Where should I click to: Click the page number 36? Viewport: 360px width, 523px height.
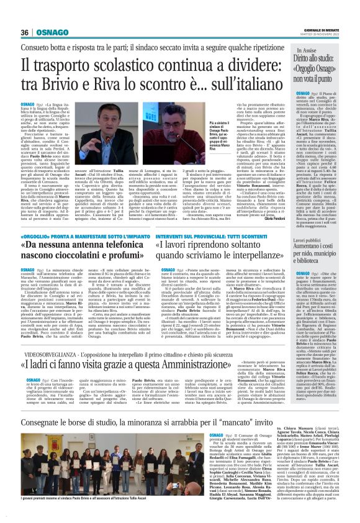(x=24, y=32)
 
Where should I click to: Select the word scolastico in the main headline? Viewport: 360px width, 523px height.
(x=146, y=65)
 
